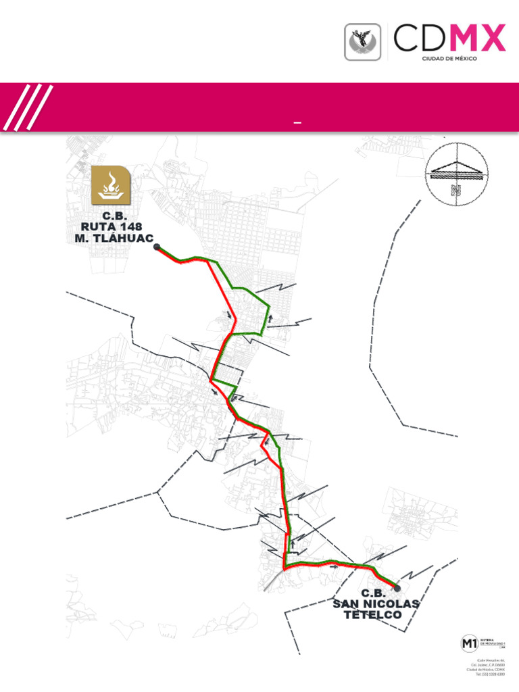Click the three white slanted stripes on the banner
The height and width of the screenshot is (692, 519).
[28, 107]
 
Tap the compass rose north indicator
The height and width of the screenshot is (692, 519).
[457, 172]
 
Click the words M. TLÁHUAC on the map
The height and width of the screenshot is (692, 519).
[114, 238]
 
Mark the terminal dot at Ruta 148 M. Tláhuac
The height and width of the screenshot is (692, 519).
[157, 247]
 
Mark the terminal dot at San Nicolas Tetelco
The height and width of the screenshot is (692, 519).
[397, 588]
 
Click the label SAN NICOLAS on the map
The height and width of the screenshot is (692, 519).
[376, 603]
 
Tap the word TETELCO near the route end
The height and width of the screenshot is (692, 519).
[372, 615]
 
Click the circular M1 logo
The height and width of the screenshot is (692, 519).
[468, 643]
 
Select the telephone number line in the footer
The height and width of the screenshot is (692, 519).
[491, 674]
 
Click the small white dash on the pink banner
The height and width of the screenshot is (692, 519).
[297, 123]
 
